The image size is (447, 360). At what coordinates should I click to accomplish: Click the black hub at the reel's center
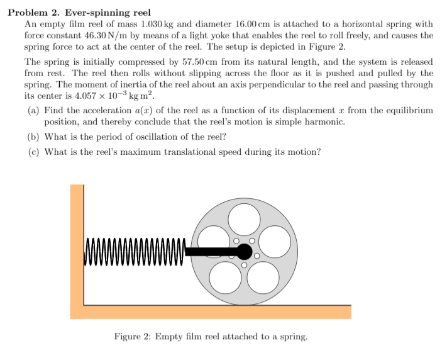tap(244, 252)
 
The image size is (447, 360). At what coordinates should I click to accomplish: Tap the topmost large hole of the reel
tap(244, 218)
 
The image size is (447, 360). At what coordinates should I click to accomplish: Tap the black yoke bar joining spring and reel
tap(211, 252)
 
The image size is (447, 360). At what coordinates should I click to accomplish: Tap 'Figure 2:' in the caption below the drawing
tap(133, 337)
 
